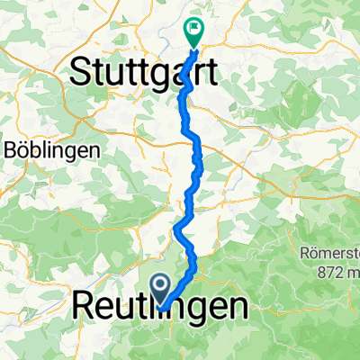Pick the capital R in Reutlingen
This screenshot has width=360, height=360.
pyautogui.click(x=82, y=308)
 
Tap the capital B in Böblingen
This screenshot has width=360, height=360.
pyautogui.click(x=11, y=149)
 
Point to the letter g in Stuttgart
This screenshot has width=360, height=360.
pyautogui.click(x=162, y=74)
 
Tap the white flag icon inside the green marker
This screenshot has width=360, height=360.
pyautogui.click(x=193, y=28)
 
